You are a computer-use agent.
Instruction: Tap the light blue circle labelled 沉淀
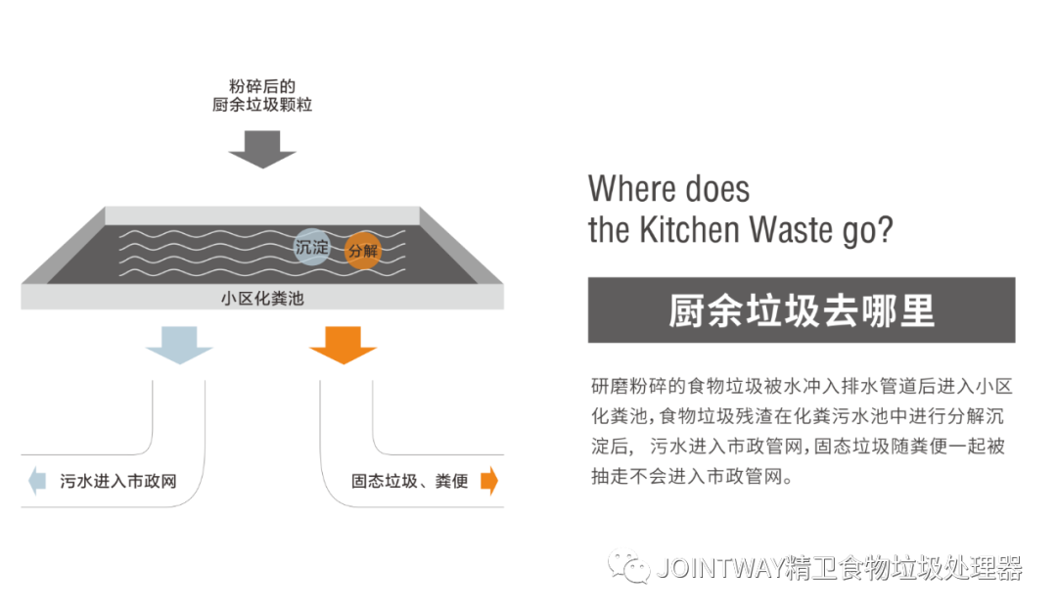311,248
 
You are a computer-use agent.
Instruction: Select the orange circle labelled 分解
362,251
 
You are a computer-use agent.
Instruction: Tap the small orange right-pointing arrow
489,481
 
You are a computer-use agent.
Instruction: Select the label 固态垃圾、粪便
408,482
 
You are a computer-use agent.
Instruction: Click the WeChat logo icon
628,564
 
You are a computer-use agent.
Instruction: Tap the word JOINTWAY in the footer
719,568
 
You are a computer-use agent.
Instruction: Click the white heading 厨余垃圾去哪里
801,309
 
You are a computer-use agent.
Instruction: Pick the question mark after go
887,229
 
